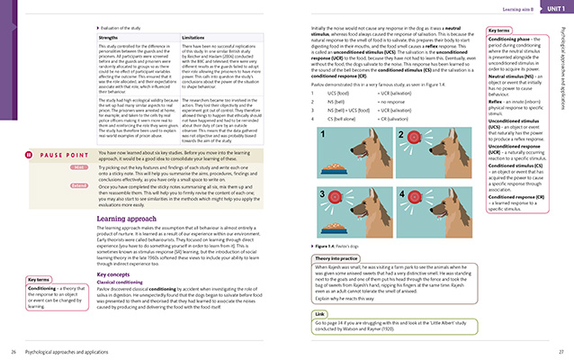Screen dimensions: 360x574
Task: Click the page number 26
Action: [x=13, y=350]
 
